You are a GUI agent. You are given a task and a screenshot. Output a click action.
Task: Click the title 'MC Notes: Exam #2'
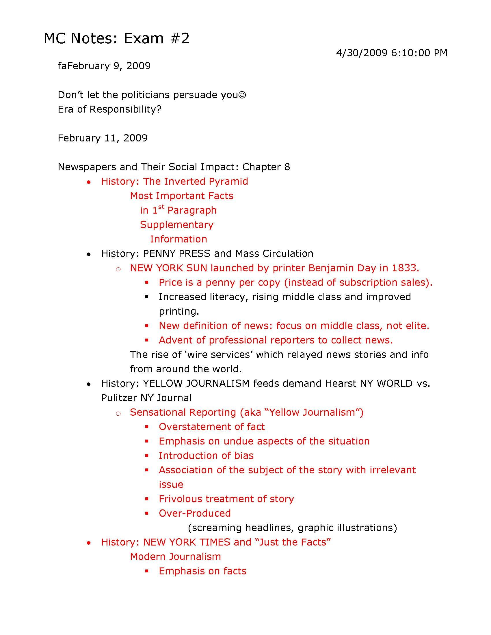click(x=116, y=38)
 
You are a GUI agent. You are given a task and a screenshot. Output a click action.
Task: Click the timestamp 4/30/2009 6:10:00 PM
click(x=391, y=53)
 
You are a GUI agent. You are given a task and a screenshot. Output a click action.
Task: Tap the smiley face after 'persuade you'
click(x=242, y=95)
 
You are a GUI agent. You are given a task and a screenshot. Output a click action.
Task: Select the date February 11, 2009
click(x=103, y=138)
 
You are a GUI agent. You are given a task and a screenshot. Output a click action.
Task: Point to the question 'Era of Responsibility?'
click(x=109, y=109)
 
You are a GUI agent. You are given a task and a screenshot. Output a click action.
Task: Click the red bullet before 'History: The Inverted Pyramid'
click(x=89, y=182)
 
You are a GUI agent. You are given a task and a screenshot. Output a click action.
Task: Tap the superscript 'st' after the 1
click(x=161, y=207)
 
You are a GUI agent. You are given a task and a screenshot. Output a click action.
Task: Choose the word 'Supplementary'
click(x=176, y=225)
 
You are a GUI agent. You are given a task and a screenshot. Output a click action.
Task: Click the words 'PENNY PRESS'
click(x=176, y=253)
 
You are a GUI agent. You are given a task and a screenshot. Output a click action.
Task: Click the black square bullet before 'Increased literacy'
click(x=147, y=297)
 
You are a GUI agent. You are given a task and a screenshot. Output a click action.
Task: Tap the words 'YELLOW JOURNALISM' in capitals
click(x=196, y=384)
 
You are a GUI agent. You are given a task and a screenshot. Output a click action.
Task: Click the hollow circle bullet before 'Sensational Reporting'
click(x=118, y=413)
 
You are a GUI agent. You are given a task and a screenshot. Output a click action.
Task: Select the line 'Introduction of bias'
click(x=206, y=455)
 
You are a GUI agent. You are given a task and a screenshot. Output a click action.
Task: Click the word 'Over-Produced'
click(x=195, y=513)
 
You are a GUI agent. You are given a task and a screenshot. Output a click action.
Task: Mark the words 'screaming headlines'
click(x=243, y=528)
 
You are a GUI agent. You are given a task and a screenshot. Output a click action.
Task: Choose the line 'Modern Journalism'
click(x=175, y=556)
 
